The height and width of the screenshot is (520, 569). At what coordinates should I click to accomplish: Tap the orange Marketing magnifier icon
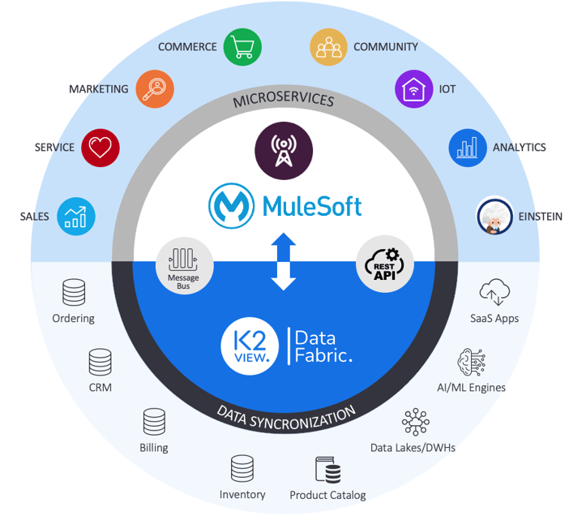tap(154, 89)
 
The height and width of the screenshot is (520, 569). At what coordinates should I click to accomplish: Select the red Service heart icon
tap(100, 148)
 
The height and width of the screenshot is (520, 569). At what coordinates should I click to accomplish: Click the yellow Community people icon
tap(328, 47)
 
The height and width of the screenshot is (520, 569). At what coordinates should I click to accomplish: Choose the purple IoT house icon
tap(414, 89)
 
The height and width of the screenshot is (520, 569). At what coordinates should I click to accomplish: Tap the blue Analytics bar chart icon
tap(468, 148)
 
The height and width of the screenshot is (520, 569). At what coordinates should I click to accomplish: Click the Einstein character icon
tap(494, 216)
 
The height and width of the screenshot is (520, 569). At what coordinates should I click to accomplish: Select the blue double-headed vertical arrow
tap(283, 261)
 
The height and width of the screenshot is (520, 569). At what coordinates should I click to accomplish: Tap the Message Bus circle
tap(183, 264)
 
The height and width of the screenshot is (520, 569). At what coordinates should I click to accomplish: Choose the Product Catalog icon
tap(327, 471)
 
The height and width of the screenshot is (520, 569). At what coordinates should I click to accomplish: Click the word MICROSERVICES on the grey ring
tap(283, 101)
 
